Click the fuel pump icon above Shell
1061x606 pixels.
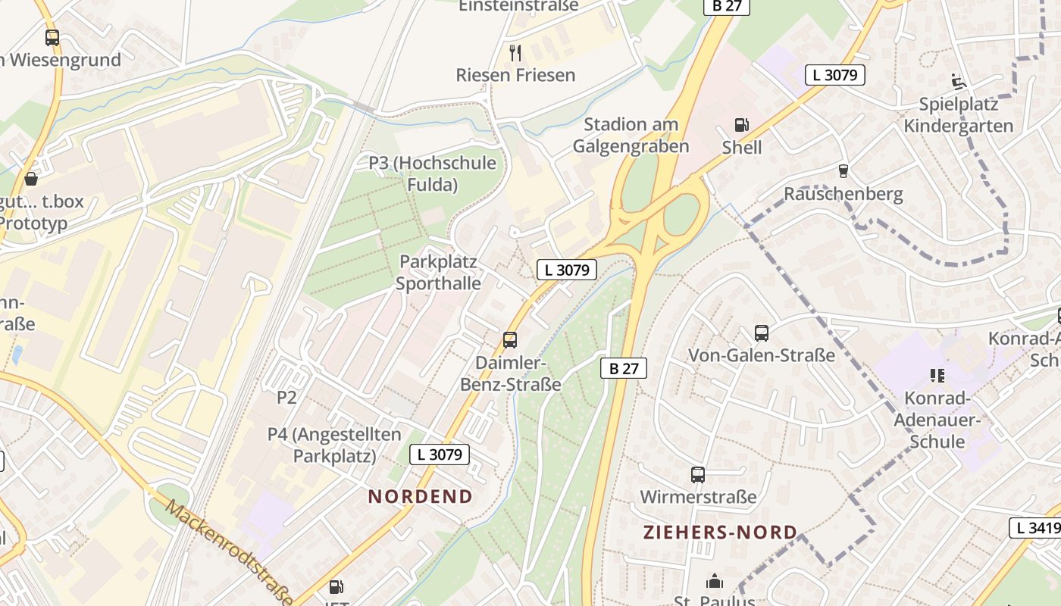click(741, 125)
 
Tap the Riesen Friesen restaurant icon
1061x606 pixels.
click(515, 52)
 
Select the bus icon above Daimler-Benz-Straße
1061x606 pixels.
click(510, 339)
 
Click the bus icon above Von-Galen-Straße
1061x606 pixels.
click(761, 333)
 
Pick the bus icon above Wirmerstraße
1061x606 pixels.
click(698, 475)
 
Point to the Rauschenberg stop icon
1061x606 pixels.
click(843, 171)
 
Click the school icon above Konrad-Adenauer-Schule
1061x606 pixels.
click(937, 375)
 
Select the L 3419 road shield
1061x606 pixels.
click(1036, 528)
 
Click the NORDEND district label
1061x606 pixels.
click(421, 497)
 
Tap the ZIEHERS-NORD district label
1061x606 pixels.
click(720, 532)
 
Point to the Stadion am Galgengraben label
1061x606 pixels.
click(631, 135)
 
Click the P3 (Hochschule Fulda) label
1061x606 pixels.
click(433, 173)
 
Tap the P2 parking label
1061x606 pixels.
click(286, 397)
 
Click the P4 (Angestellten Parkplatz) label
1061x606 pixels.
click(334, 445)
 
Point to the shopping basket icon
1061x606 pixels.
click(32, 179)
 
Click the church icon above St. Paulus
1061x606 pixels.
click(714, 582)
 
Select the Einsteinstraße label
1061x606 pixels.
click(518, 6)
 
